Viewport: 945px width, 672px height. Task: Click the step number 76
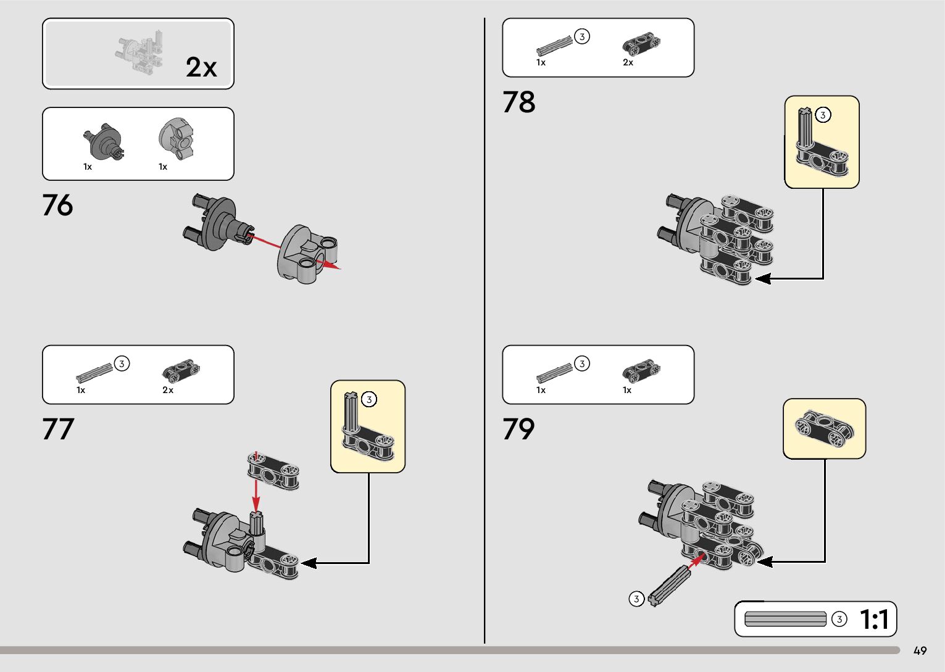pyautogui.click(x=57, y=205)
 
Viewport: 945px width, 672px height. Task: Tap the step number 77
pyautogui.click(x=58, y=429)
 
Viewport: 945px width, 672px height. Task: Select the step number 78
pyautogui.click(x=518, y=102)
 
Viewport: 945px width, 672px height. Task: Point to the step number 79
pyautogui.click(x=518, y=429)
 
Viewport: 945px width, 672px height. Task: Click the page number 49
pyautogui.click(x=920, y=651)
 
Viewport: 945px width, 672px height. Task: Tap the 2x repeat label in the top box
pyautogui.click(x=201, y=67)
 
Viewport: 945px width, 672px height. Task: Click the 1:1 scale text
pyautogui.click(x=874, y=620)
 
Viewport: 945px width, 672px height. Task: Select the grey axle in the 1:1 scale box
pyautogui.click(x=785, y=619)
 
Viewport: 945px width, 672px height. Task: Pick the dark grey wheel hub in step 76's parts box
pyautogui.click(x=102, y=141)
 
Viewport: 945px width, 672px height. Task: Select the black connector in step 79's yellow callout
pyautogui.click(x=824, y=428)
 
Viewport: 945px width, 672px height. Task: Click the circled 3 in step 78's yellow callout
pyautogui.click(x=823, y=115)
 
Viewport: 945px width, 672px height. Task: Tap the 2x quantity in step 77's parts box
pyautogui.click(x=168, y=390)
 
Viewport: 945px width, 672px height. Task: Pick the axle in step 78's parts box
pyautogui.click(x=554, y=45)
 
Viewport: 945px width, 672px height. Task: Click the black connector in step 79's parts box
pyautogui.click(x=641, y=370)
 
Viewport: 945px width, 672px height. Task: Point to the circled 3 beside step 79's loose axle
pyautogui.click(x=636, y=599)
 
